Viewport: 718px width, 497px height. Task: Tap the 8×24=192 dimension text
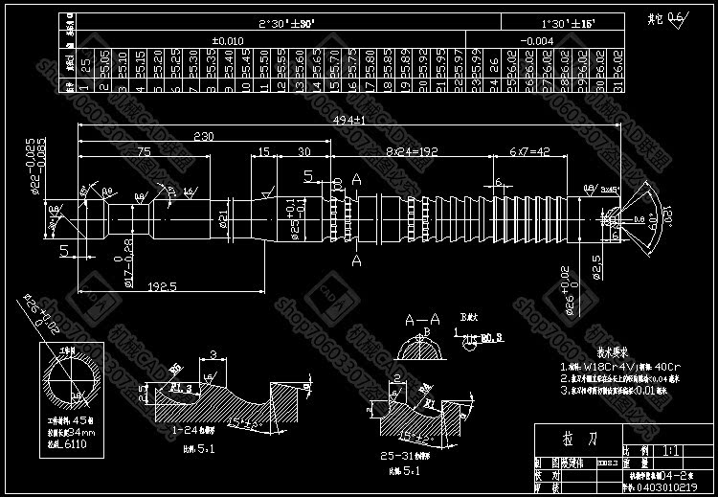tap(412, 152)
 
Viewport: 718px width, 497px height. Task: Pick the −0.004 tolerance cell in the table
tap(566, 41)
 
